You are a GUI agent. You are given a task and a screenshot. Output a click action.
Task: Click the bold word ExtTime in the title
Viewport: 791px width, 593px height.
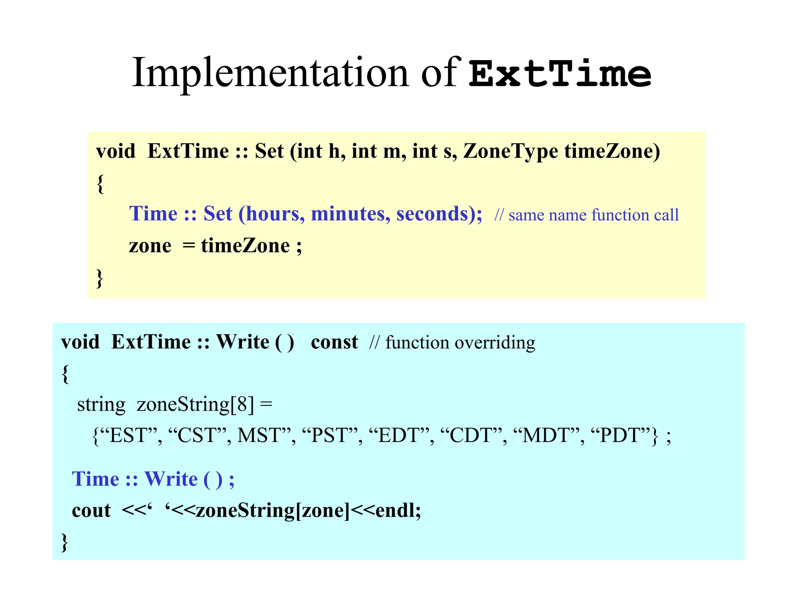click(560, 73)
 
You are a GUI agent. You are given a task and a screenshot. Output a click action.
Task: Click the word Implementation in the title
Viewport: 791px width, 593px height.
click(270, 73)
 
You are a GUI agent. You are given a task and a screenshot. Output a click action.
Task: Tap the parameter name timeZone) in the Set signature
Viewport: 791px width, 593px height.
click(612, 151)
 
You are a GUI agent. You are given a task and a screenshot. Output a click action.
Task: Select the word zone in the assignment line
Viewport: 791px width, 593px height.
click(150, 246)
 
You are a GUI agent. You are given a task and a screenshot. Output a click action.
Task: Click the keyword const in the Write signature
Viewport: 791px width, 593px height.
click(334, 342)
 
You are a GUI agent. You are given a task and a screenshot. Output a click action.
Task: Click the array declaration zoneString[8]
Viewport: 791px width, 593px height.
click(195, 405)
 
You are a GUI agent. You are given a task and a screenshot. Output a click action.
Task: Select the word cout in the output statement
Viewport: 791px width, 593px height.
click(91, 510)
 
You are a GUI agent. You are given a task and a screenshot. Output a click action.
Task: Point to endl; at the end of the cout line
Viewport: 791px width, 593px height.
click(398, 510)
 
